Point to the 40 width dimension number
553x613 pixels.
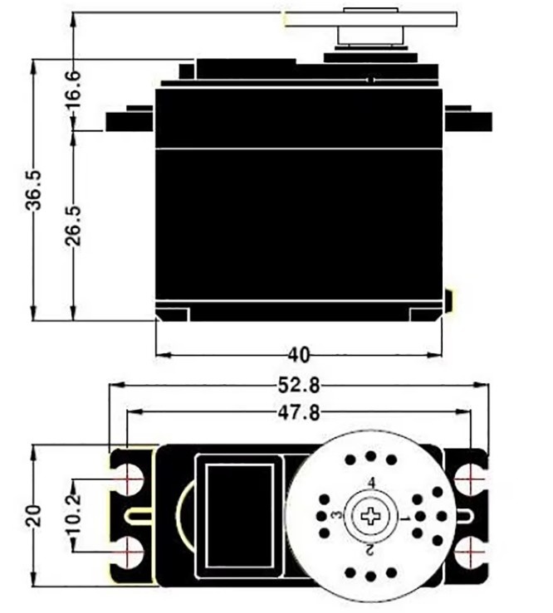click(298, 355)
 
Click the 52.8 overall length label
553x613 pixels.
click(298, 386)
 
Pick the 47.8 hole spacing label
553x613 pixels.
click(298, 411)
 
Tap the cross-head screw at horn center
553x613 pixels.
click(369, 516)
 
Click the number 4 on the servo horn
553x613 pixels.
click(371, 483)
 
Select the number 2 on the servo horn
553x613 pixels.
click(369, 549)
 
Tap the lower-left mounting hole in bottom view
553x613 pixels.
click(130, 551)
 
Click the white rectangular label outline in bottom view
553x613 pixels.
click(240, 515)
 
